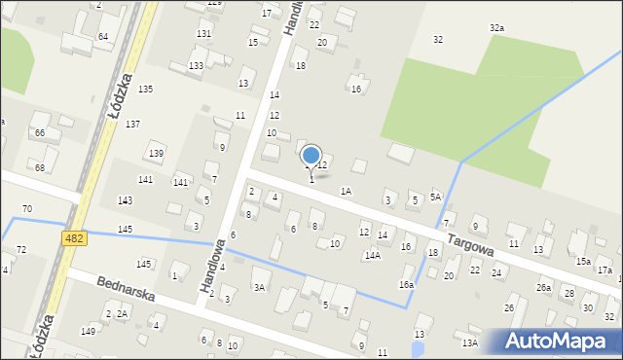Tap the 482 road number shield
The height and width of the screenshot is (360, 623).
[x=73, y=237]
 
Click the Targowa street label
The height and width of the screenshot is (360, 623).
[x=471, y=243]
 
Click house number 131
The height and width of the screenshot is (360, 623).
[x=203, y=33]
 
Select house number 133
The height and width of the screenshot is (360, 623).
[x=196, y=65]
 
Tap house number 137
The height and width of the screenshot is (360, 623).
[x=132, y=124]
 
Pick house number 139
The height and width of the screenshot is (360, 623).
[x=156, y=154]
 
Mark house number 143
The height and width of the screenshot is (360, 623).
[x=126, y=199]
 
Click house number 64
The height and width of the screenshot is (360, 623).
[x=102, y=36]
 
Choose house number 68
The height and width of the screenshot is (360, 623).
[x=40, y=167]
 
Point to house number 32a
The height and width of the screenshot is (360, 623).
[x=496, y=28]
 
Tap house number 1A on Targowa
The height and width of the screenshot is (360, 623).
[x=346, y=192]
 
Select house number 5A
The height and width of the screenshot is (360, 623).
[x=436, y=197]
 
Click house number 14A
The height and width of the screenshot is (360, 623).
[x=372, y=255]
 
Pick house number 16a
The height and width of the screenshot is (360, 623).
[x=406, y=284]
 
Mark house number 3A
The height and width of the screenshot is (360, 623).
[x=259, y=287]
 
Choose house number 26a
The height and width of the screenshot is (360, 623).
[x=543, y=288]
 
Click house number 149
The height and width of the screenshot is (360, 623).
[x=88, y=331]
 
